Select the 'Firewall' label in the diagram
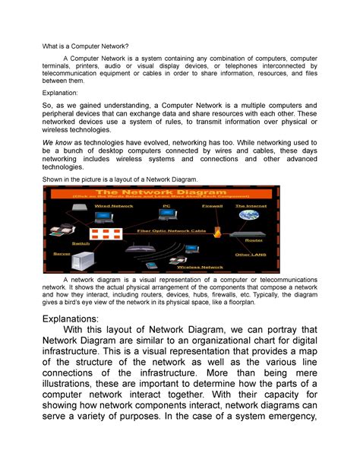(x=213, y=205)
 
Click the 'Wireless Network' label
(x=199, y=268)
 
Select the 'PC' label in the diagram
(x=166, y=205)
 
